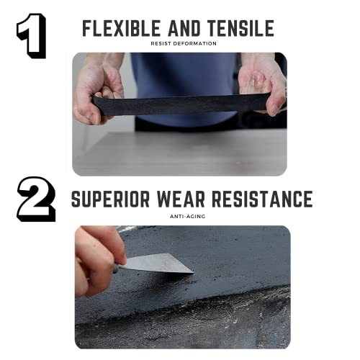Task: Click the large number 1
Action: (x=32, y=36)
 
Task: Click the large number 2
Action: (x=36, y=199)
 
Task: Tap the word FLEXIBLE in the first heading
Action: (x=122, y=29)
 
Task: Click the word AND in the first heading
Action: (x=185, y=29)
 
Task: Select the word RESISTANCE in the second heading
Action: (x=264, y=199)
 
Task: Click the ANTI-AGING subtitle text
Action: (x=183, y=215)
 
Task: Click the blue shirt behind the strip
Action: (x=180, y=72)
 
